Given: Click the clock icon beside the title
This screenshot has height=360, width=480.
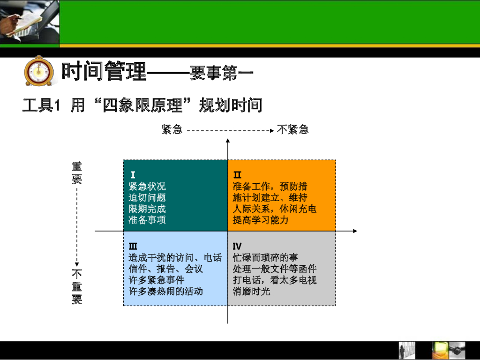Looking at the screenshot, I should click(x=36, y=71).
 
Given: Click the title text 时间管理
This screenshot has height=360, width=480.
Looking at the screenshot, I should click(x=105, y=71).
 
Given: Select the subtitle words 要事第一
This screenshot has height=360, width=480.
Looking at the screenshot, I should click(x=221, y=74).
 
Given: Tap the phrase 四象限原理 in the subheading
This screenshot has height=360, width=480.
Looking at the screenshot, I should click(x=149, y=105).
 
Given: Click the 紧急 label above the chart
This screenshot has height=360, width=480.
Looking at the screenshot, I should click(x=172, y=130).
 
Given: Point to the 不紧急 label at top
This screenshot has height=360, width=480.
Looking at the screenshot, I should click(x=292, y=130).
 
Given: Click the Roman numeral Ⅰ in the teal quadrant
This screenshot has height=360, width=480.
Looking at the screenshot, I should click(x=133, y=175).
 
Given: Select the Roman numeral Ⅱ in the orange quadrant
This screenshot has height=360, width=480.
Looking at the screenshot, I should click(x=238, y=175).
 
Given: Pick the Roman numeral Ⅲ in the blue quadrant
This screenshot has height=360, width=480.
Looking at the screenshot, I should click(x=133, y=247).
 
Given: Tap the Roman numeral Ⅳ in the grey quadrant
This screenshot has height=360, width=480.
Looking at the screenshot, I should click(x=237, y=247).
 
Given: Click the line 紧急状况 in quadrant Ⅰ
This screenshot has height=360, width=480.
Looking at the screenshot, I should click(x=147, y=187).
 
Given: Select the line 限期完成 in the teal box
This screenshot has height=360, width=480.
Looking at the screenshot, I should click(x=147, y=209).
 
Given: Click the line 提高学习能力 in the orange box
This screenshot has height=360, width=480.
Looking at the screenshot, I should click(x=261, y=220).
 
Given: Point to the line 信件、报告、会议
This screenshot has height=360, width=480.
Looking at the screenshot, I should click(x=166, y=269).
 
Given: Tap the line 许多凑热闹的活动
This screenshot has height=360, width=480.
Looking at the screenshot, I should click(x=166, y=291).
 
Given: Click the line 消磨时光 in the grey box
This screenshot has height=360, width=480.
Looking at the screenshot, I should click(x=251, y=291).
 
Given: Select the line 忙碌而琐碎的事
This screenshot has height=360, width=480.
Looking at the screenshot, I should click(x=265, y=258).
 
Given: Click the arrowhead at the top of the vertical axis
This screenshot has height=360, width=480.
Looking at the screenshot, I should click(x=228, y=140).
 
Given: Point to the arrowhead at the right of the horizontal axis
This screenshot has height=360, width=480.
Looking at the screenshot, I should click(x=355, y=231).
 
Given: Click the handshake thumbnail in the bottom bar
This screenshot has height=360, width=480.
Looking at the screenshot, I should click(x=457, y=350).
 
